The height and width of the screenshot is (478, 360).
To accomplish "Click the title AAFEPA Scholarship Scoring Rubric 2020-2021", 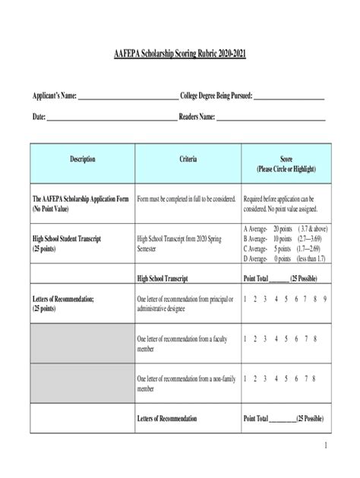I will [180, 56].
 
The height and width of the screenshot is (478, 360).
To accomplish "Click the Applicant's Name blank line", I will [128, 98].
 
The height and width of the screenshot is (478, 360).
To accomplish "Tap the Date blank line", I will [111, 119].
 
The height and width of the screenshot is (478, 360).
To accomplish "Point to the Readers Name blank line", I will [271, 119].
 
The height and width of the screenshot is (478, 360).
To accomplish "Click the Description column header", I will [82, 159].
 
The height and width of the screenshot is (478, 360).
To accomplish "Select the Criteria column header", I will [188, 159].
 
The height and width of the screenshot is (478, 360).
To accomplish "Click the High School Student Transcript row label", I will [74, 243].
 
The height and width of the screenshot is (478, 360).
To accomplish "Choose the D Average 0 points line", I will [283, 258].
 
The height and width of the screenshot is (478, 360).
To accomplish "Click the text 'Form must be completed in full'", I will [186, 198].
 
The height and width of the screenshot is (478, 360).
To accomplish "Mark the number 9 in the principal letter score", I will [324, 299].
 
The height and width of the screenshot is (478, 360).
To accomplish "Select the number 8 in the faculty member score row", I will [314, 338].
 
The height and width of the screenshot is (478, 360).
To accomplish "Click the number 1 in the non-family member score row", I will [245, 378].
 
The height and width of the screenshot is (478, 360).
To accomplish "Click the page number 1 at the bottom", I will [325, 446].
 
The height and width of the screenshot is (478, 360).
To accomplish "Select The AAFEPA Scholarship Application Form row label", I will [80, 203].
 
